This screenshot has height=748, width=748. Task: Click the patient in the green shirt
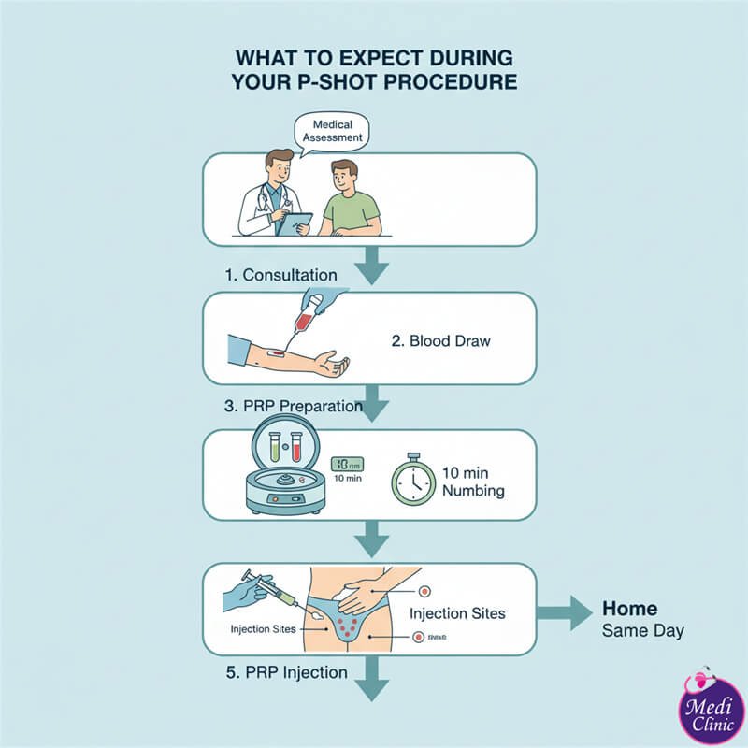tap(348, 200)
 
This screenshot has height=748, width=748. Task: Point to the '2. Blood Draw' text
tap(440, 340)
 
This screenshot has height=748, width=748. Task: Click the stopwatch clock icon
tap(413, 480)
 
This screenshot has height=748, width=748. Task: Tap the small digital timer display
tap(347, 463)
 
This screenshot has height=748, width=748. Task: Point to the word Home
tap(629, 608)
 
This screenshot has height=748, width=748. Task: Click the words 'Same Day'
tap(642, 631)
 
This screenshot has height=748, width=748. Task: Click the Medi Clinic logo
tap(710, 708)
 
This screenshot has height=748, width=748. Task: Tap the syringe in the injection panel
tap(271, 591)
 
